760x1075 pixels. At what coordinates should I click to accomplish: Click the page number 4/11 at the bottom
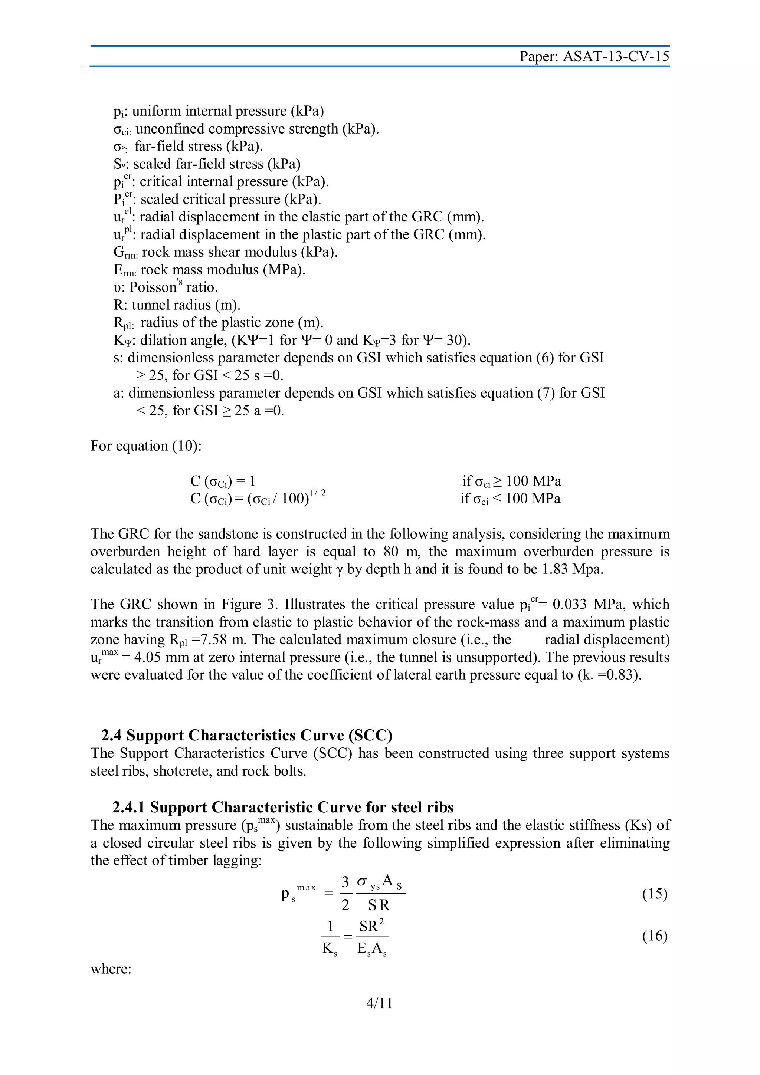click(x=379, y=1003)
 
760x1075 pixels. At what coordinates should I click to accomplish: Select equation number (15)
click(x=654, y=894)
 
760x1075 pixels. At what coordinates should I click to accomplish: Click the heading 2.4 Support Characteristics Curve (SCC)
click(x=247, y=735)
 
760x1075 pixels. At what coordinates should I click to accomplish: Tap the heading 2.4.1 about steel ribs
click(x=283, y=807)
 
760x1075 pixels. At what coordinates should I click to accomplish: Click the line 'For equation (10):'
click(x=145, y=446)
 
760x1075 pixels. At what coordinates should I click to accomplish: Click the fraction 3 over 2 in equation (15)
click(x=345, y=894)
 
